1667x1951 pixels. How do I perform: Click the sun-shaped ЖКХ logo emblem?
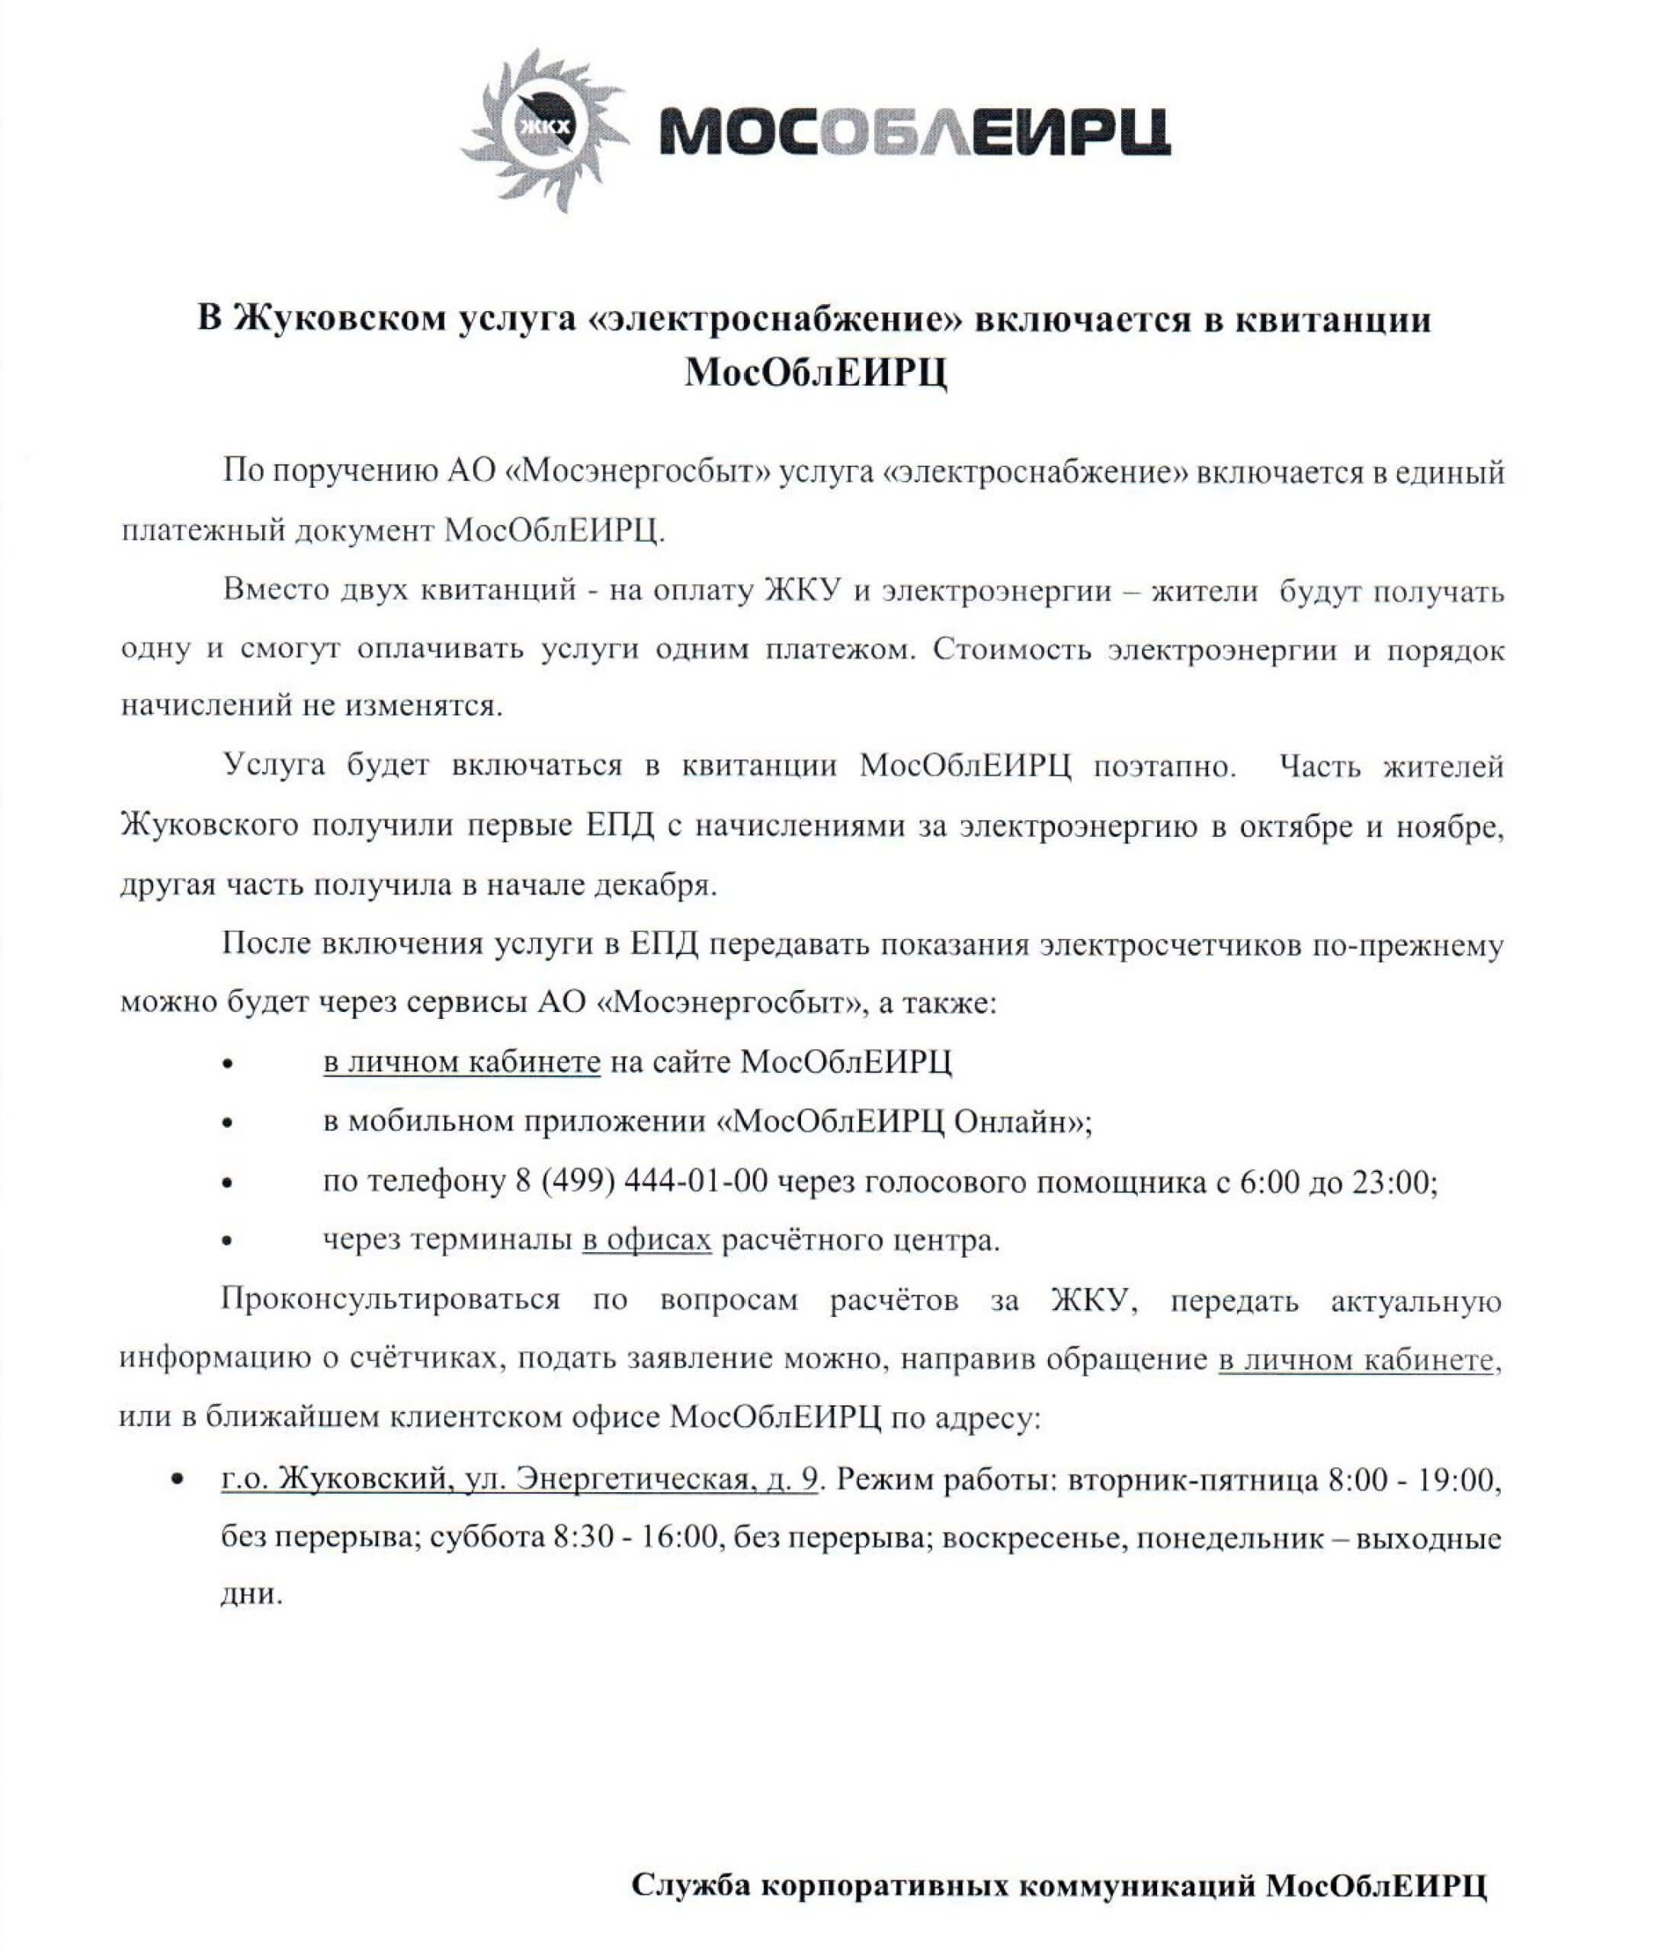pos(543,129)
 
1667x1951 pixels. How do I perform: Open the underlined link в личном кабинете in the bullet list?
pos(461,1062)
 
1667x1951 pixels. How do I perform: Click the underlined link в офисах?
pos(646,1240)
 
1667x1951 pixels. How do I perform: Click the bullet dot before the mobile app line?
pos(227,1123)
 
